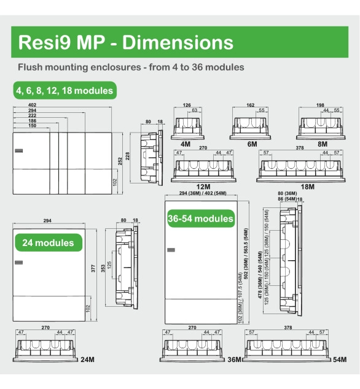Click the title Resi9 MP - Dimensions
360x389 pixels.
click(126, 42)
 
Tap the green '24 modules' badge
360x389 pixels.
click(49, 242)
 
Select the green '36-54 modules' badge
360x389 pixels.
click(201, 218)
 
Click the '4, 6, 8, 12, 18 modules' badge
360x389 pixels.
click(65, 90)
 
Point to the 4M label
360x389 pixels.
click(186, 144)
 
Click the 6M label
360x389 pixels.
click(252, 144)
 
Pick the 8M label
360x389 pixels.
click(323, 144)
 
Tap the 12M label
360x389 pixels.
click(203, 187)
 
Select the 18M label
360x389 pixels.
click(308, 187)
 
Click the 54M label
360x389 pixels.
click(340, 360)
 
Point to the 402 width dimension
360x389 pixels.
click(33, 105)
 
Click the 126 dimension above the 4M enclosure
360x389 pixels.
click(187, 105)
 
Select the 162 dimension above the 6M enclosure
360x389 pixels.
click(251, 105)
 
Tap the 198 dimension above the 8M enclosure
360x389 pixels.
click(320, 105)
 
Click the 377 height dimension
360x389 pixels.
click(93, 268)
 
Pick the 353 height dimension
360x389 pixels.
click(103, 268)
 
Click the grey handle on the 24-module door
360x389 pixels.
click(18, 263)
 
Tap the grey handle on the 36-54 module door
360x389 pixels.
click(171, 250)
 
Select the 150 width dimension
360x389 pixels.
click(33, 126)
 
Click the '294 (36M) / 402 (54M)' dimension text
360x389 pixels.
click(203, 193)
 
